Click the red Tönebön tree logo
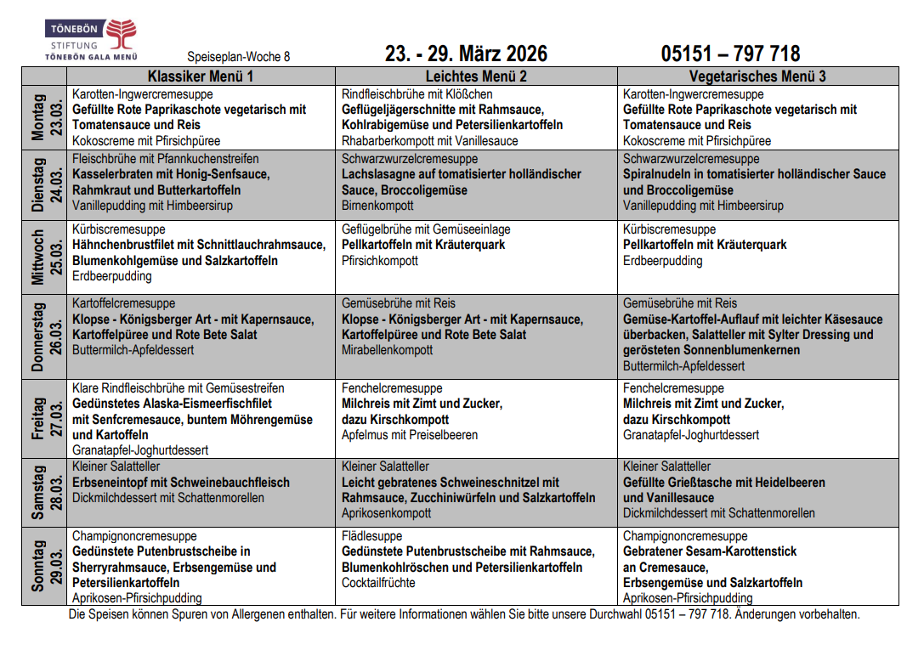pos(121,35)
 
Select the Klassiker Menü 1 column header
pos(201,76)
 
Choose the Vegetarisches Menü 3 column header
pos(757,76)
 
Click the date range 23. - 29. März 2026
pos(466,54)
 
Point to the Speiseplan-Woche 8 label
pos(238,57)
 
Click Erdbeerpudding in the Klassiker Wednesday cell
pos(112,276)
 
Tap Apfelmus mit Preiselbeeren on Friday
pos(410,435)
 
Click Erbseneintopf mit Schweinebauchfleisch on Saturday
pos(181,483)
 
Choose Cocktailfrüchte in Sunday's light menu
pos(378,583)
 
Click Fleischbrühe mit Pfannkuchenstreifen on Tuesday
pos(166,159)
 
